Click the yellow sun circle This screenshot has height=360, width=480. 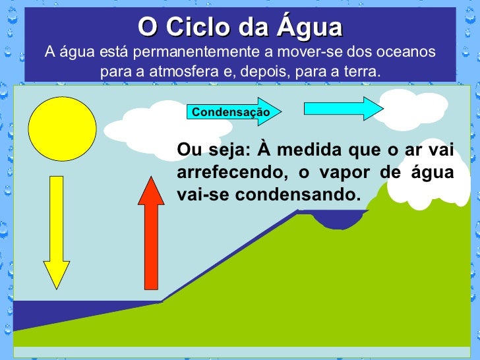[x=63, y=129]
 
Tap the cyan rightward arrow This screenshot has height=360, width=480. [x=343, y=107]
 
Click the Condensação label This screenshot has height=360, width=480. [x=231, y=112]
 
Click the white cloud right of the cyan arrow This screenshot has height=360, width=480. [x=412, y=109]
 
